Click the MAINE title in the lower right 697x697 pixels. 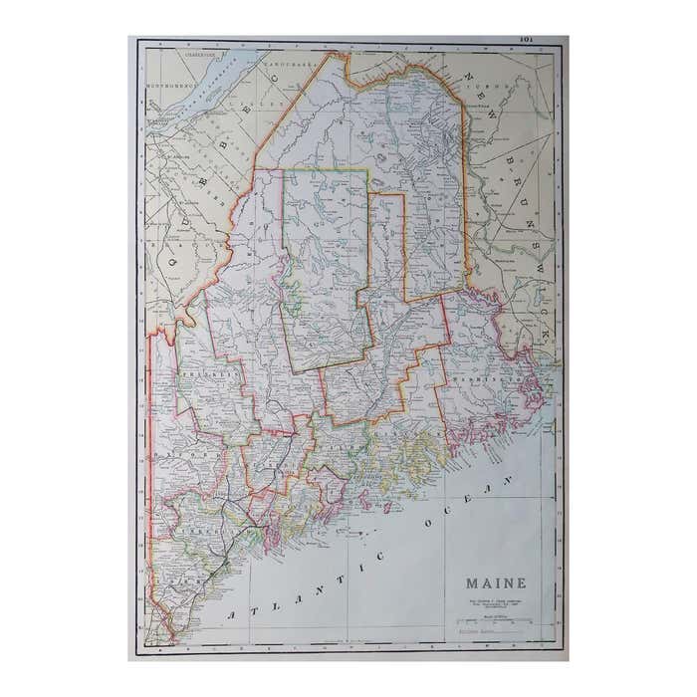495,583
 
